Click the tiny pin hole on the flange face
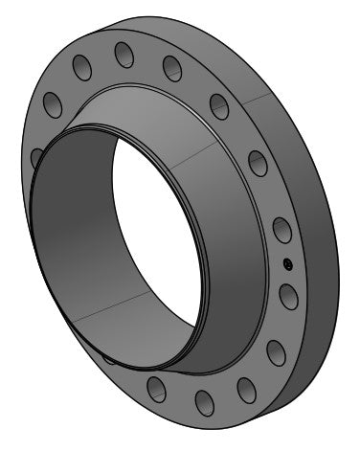285,265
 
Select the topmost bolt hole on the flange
124,54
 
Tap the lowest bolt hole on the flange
204,401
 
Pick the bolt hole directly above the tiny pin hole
281,231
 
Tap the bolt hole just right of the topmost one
172,67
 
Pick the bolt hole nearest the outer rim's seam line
219,106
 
